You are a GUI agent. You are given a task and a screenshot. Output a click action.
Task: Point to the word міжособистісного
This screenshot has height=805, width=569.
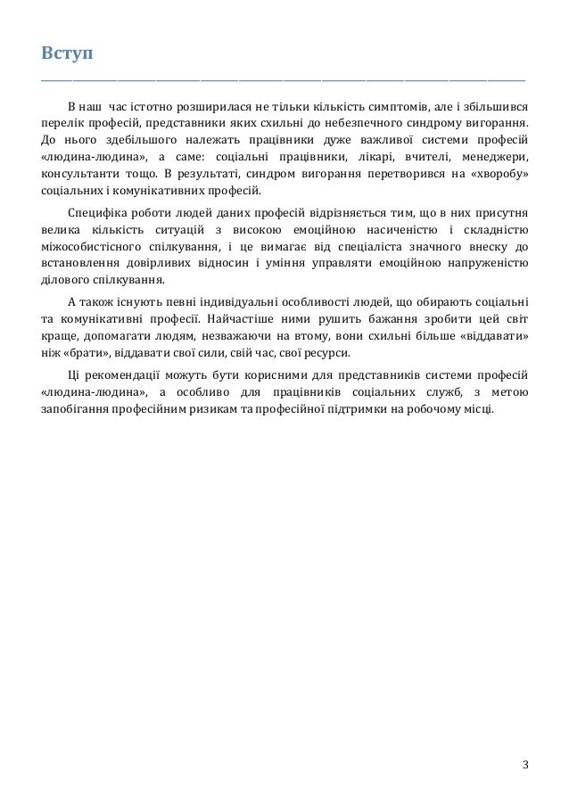click(x=93, y=247)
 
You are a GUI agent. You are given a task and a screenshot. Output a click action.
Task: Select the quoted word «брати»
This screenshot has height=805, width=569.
click(x=87, y=354)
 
